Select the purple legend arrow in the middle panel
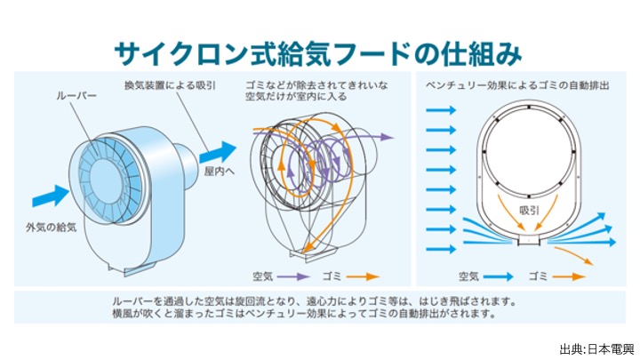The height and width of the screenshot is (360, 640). click(293, 276)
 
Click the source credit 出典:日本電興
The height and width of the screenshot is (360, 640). click(593, 348)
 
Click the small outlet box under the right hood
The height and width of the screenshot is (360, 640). click(531, 239)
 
